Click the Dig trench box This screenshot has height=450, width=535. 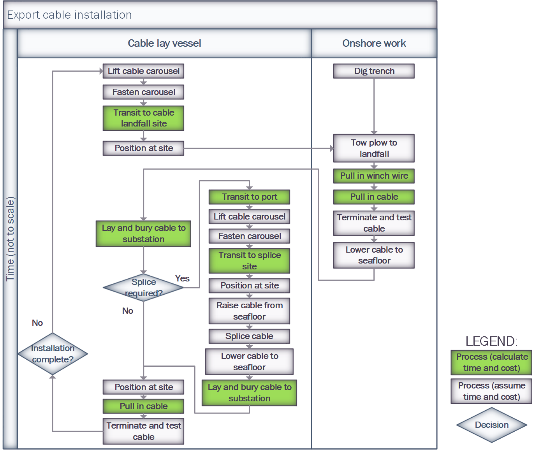[374, 71]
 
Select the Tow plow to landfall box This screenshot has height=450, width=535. [374, 148]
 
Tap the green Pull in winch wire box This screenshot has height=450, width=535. [374, 176]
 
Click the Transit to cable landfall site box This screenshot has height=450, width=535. [143, 118]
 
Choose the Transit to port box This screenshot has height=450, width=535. [249, 197]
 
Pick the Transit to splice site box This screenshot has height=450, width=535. [249, 261]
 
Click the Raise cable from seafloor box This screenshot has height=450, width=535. [249, 311]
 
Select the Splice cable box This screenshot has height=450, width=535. [249, 336]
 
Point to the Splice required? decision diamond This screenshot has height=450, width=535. [143, 288]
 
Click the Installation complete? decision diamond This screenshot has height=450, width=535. [53, 354]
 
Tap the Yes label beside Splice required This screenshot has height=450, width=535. [182, 279]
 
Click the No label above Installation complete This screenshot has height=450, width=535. [37, 323]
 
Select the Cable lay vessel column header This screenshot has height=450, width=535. [164, 43]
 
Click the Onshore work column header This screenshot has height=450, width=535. [374, 43]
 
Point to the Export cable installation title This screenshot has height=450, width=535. [70, 15]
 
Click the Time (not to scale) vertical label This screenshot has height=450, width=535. [10, 239]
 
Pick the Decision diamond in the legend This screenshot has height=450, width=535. [491, 425]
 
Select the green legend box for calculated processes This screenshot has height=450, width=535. [491, 362]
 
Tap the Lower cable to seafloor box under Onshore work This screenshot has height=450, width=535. [374, 255]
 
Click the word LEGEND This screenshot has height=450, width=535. [491, 341]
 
